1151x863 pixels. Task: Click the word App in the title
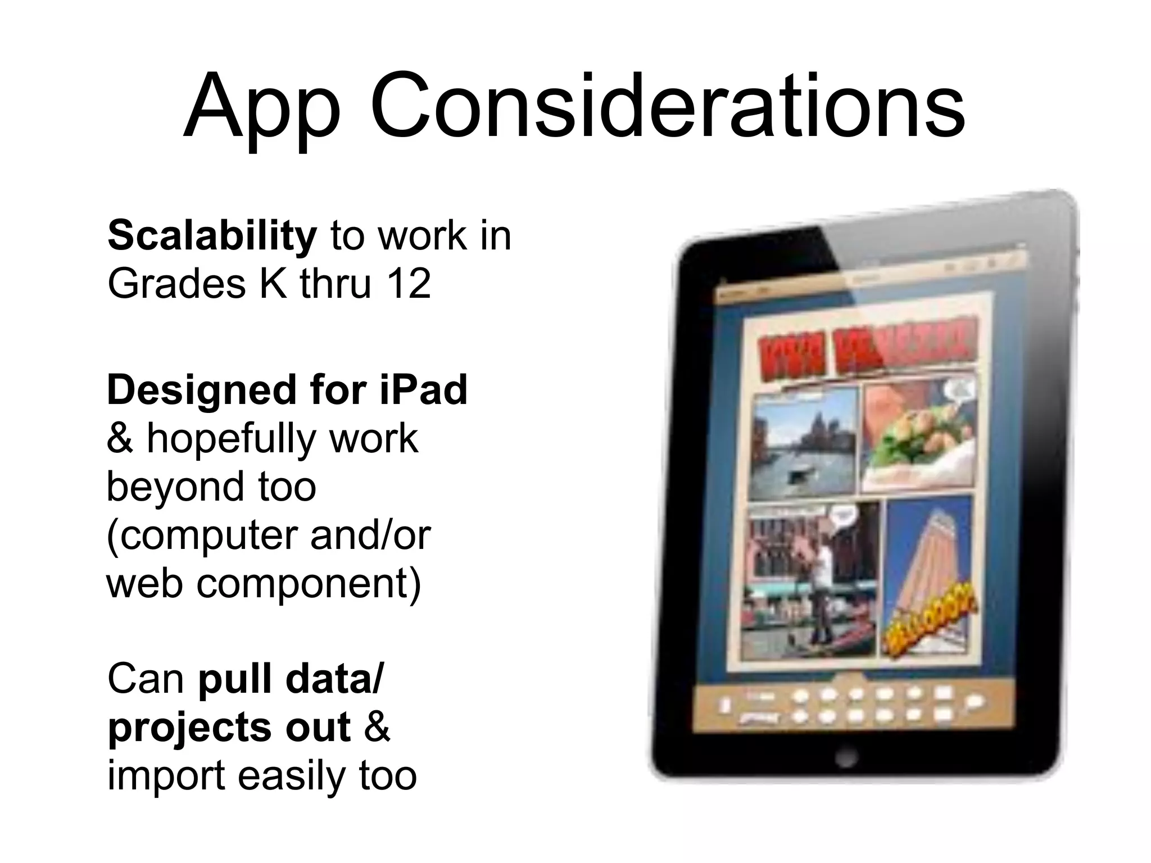[262, 107]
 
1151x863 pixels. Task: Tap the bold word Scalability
[212, 236]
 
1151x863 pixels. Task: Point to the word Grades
[176, 284]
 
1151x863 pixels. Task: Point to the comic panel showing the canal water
[804, 446]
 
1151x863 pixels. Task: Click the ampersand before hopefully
[119, 439]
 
